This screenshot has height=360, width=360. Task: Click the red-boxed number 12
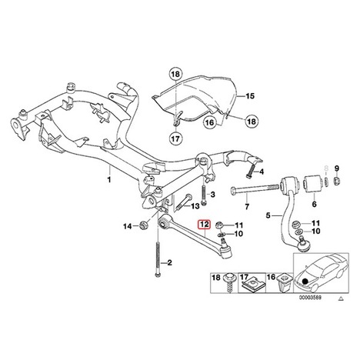pos(205,225)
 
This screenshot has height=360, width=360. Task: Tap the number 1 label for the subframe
pos(109,179)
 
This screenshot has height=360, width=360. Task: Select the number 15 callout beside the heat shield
pos(250,96)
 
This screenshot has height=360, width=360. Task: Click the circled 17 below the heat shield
pos(176,138)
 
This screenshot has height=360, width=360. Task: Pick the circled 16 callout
pos(209,122)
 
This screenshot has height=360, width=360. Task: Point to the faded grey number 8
pos(326,168)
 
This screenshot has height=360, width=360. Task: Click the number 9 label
pos(337,168)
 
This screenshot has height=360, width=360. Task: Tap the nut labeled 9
pos(337,182)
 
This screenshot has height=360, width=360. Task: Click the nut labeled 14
pos(144,225)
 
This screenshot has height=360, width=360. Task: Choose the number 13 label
pos(195,206)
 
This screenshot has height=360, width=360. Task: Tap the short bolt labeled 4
pos(251,170)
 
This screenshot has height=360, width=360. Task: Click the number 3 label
pos(212,195)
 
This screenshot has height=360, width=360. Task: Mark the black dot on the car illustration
pos(305,282)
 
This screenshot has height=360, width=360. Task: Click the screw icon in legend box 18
pos(228,283)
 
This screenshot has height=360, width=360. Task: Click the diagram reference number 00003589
pos(311,298)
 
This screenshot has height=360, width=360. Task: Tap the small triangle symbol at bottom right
pos(341,298)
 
